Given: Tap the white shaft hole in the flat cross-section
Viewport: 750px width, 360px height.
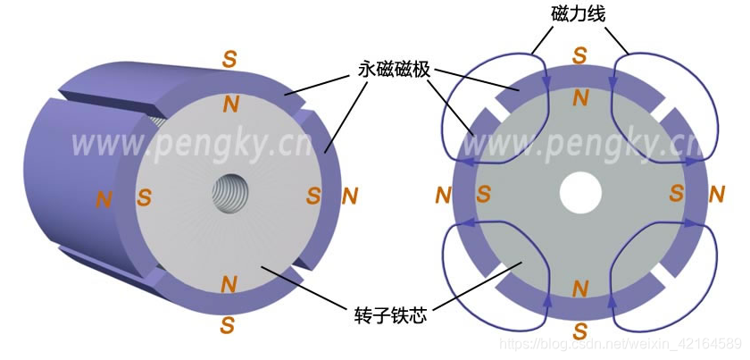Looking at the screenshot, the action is (x=579, y=192).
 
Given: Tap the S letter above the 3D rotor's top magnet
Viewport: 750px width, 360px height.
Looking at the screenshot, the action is (x=229, y=60).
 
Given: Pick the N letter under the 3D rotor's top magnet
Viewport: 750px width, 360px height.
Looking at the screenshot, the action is (x=231, y=104).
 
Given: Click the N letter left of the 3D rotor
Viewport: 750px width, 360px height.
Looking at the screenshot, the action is (x=104, y=198).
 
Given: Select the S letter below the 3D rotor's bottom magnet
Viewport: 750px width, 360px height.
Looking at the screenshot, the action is (x=228, y=326).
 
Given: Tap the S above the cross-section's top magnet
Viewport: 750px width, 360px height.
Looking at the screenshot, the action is (x=579, y=56).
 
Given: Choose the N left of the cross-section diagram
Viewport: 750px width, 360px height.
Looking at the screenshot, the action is (x=443, y=194).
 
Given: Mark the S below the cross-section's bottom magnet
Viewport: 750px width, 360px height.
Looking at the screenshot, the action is (x=579, y=331).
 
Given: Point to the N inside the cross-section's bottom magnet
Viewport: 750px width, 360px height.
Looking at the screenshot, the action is (x=579, y=288).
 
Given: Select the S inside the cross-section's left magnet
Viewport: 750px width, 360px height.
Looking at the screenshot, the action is (x=484, y=194).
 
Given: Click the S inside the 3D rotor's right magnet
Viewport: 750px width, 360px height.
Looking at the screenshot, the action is (x=312, y=195).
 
